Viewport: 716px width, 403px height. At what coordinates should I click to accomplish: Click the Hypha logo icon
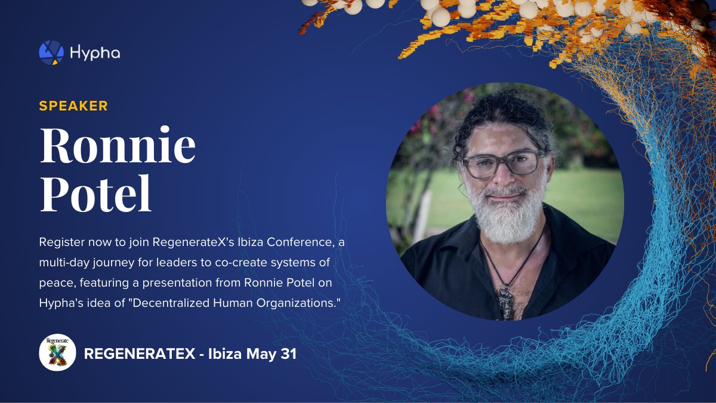coord(51,53)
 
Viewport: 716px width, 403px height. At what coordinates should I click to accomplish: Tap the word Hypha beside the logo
coord(95,53)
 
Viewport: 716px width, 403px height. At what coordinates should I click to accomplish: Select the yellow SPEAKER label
coord(73,106)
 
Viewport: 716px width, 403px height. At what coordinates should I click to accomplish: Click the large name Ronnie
coord(118,146)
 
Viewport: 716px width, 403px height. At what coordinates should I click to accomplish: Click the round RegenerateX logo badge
coord(57,352)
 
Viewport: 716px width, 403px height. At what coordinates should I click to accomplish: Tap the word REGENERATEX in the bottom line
coord(139,353)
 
